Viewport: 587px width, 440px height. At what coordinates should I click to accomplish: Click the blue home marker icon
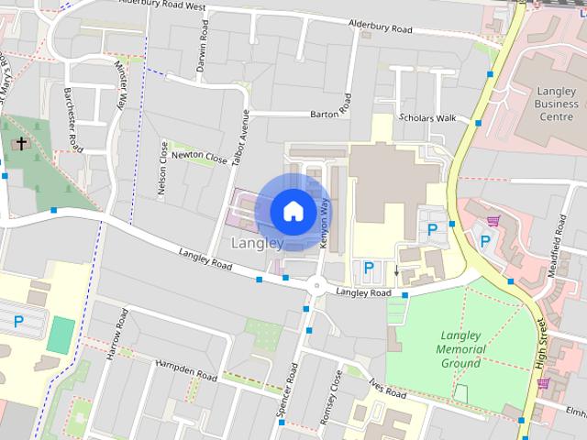pyautogui.click(x=293, y=211)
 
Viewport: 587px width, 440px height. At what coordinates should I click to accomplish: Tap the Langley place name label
pyautogui.click(x=257, y=244)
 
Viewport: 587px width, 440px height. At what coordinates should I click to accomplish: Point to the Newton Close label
pyautogui.click(x=199, y=157)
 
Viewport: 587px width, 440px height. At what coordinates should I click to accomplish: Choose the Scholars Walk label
pyautogui.click(x=427, y=118)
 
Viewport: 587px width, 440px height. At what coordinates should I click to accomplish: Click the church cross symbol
pyautogui.click(x=20, y=144)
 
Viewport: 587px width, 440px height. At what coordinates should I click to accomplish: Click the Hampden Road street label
pyautogui.click(x=187, y=372)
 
